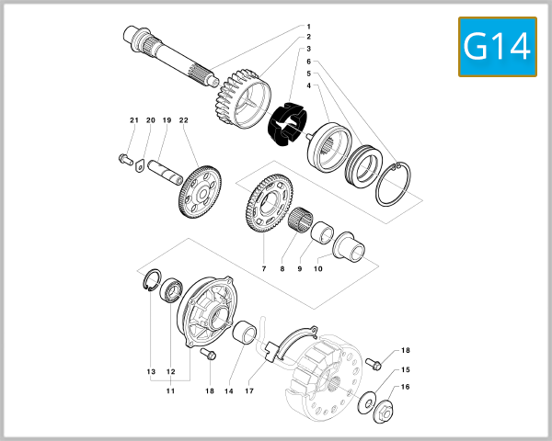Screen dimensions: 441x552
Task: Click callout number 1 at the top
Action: (x=308, y=26)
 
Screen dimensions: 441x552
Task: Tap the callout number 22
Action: (x=184, y=121)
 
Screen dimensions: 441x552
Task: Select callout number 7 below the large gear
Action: (x=264, y=268)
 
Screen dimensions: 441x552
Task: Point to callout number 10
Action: (x=318, y=268)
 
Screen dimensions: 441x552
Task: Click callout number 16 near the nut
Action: (x=406, y=387)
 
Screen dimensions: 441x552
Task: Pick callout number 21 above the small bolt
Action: (x=133, y=121)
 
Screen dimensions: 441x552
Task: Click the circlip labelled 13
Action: (x=150, y=281)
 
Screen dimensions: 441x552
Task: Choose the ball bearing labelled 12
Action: (x=171, y=293)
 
